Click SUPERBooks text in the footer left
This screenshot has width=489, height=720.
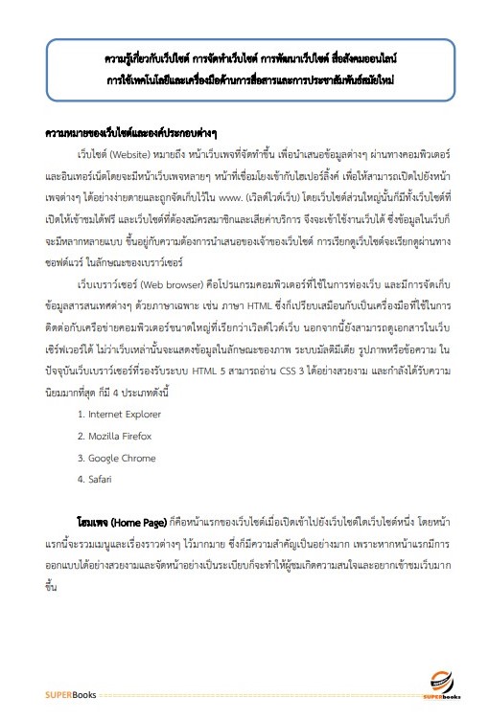click(64, 692)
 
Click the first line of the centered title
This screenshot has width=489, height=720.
click(244, 57)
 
